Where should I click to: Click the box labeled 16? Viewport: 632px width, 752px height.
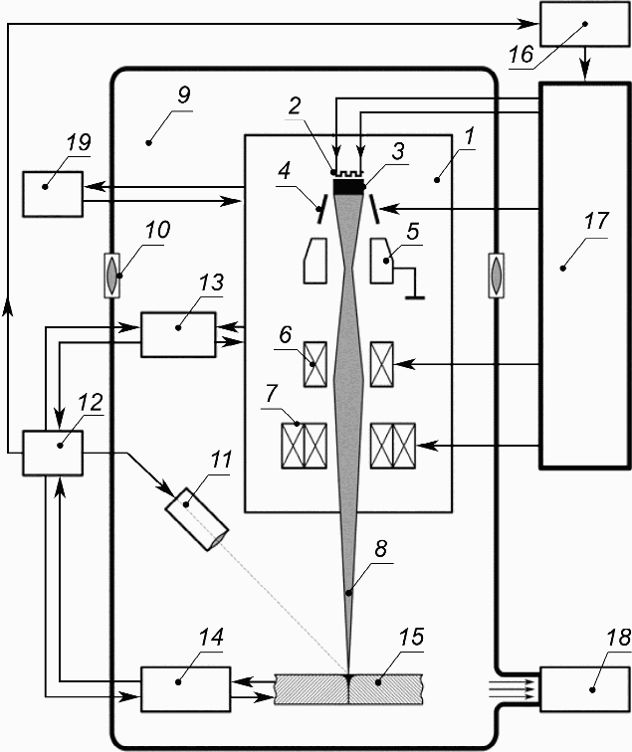point(585,24)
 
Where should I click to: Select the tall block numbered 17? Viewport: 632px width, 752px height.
point(584,276)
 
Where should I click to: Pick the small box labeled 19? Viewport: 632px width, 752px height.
point(53,194)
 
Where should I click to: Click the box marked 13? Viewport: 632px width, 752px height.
point(178,335)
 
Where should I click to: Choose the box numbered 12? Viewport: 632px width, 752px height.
point(53,453)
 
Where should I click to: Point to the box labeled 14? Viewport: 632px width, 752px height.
point(185,688)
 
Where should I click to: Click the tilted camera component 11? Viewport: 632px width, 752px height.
point(197,519)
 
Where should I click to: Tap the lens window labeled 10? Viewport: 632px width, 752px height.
point(111,276)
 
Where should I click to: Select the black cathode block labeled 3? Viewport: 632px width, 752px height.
point(349,187)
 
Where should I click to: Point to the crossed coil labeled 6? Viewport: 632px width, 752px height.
point(316,364)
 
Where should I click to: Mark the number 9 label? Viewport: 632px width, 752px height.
point(184,94)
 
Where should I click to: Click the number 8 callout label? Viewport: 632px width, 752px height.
point(380,549)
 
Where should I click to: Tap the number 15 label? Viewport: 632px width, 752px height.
point(411,637)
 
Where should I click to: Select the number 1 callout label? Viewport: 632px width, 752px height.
point(469,135)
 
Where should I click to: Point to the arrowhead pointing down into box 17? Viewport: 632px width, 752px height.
point(585,72)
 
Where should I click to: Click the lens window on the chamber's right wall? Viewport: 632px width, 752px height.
point(496,276)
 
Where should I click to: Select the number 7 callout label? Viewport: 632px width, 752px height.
point(272,393)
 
